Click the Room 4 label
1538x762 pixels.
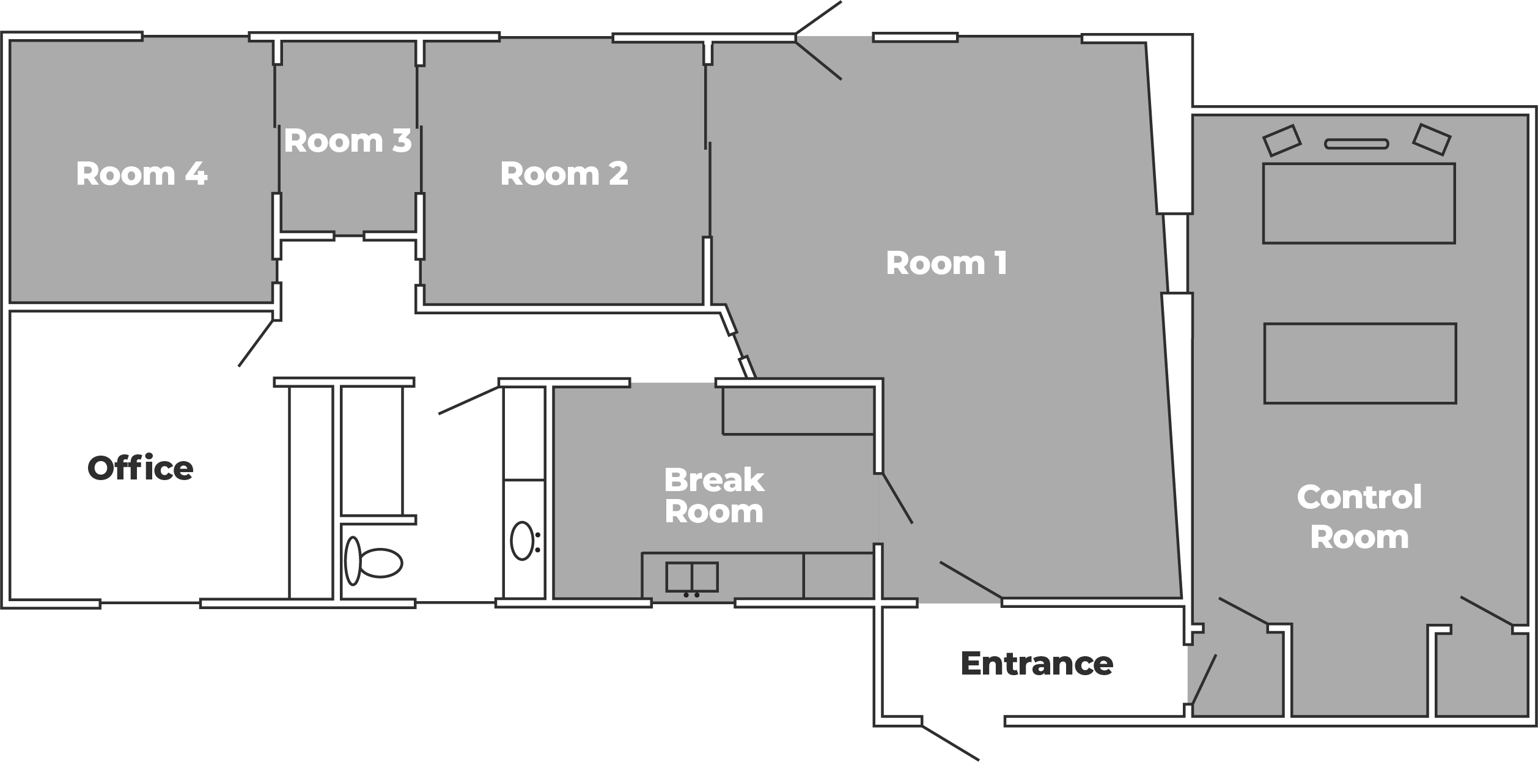pyautogui.click(x=142, y=174)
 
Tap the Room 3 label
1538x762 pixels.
pyautogui.click(x=347, y=141)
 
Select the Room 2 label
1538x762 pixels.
pyautogui.click(x=564, y=174)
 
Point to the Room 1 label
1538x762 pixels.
pyautogui.click(x=946, y=263)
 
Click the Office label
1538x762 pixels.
pyautogui.click(x=141, y=468)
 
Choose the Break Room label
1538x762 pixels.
pyautogui.click(x=714, y=495)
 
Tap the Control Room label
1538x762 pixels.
pyautogui.click(x=1360, y=517)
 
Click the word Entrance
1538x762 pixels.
pyautogui.click(x=1037, y=663)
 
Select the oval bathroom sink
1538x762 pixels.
pyautogui.click(x=522, y=541)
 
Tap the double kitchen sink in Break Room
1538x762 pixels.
pyautogui.click(x=692, y=577)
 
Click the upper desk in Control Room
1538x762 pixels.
pyautogui.click(x=1359, y=203)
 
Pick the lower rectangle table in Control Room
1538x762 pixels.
pyautogui.click(x=1360, y=363)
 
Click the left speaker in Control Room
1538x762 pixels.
pyautogui.click(x=1282, y=140)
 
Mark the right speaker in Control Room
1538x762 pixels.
pyautogui.click(x=1431, y=139)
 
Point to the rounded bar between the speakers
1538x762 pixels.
pyautogui.click(x=1356, y=144)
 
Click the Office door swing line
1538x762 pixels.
pyautogui.click(x=256, y=343)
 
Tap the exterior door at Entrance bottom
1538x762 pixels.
pyautogui.click(x=951, y=743)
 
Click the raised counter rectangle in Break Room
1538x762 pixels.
pyautogui.click(x=798, y=410)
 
